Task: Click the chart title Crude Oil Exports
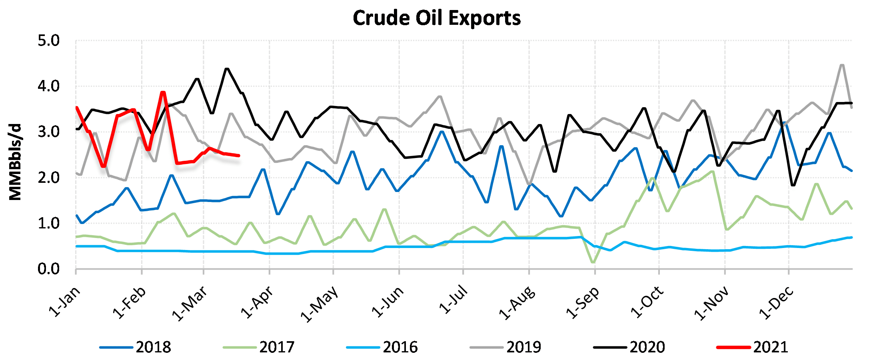[437, 18]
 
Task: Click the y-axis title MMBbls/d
[15, 162]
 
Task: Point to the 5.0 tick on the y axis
[48, 41]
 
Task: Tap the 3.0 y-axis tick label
[48, 132]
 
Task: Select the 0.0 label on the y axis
[48, 269]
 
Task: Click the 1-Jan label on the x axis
[65, 302]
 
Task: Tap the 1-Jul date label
[453, 300]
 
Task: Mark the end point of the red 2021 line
[239, 156]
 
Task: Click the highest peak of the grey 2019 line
[842, 65]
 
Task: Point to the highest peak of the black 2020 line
[227, 69]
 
